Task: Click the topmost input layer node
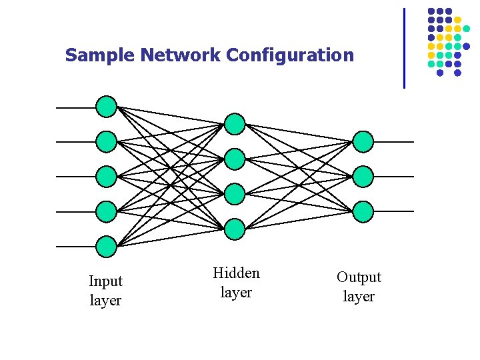point(107,107)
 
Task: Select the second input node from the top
point(107,141)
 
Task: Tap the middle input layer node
point(107,177)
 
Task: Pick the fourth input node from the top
point(107,212)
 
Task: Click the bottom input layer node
point(107,247)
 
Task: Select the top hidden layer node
point(235,124)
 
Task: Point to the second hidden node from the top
point(235,159)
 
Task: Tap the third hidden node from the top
point(235,194)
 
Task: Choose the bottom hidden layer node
point(235,229)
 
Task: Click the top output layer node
point(363,141)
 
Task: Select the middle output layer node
point(363,177)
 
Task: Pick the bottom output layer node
point(363,212)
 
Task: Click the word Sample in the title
point(99,55)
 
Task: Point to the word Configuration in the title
point(290,55)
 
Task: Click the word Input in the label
point(105,281)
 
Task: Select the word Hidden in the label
point(236,273)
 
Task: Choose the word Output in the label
point(359,277)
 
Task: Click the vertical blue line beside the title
point(404,48)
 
